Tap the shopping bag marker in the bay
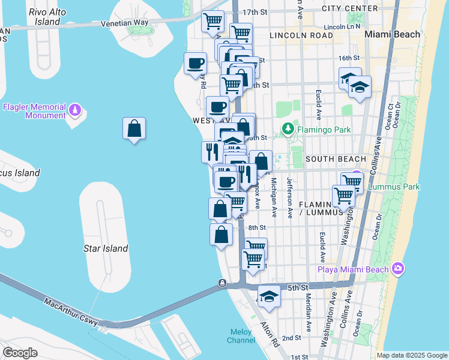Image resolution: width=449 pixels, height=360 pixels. tap(134, 128)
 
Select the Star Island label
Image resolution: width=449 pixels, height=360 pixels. tap(106, 248)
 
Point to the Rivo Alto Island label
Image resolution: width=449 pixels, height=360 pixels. tap(47, 17)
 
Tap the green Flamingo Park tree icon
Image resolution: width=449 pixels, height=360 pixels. tap(288, 128)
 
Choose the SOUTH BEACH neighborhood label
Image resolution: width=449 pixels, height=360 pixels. tap(335, 159)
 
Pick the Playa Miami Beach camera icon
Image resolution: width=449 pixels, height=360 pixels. tap(397, 268)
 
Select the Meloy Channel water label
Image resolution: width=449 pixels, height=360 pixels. tap(241, 336)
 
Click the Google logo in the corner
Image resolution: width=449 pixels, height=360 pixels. tap(20, 352)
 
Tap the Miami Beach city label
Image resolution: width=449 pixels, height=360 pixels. tap(393, 34)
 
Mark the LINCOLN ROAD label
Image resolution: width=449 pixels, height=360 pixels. tap(301, 36)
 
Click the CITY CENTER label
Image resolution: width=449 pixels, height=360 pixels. tap(350, 8)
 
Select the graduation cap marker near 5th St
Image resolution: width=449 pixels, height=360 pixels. tap(269, 297)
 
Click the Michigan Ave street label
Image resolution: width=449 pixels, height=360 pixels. tap(273, 197)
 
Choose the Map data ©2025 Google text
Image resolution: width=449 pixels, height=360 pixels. tap(411, 355)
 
